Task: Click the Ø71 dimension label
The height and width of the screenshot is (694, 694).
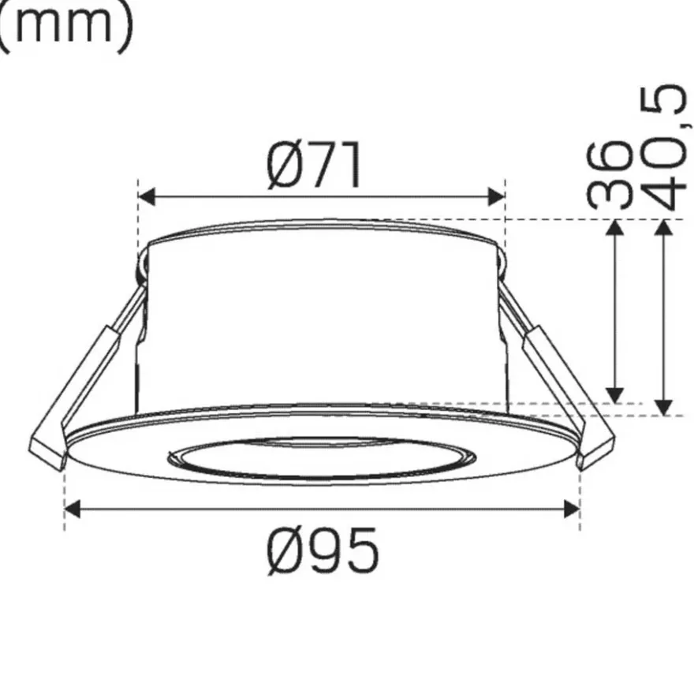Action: click(314, 166)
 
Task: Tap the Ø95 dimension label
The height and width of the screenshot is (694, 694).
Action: click(323, 550)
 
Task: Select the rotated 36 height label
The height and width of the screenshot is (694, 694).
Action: click(609, 176)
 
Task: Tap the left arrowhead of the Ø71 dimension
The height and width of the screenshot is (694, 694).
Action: click(147, 196)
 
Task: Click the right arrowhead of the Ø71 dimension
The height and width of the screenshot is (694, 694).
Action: click(496, 196)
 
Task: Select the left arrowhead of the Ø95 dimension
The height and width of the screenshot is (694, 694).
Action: click(73, 509)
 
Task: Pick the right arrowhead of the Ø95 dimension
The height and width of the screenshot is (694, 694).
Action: click(572, 509)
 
